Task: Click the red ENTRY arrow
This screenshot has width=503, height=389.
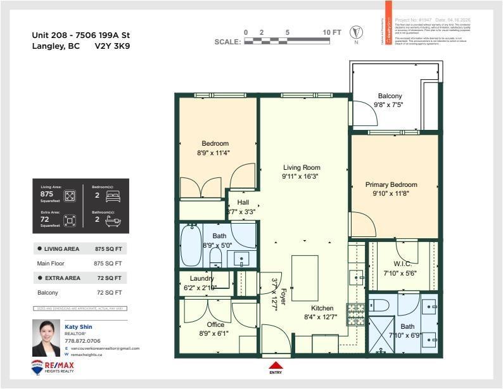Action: pyautogui.click(x=276, y=364)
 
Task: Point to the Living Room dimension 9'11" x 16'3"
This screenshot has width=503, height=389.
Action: pyautogui.click(x=300, y=177)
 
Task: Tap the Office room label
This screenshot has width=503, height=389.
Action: pyautogui.click(x=207, y=324)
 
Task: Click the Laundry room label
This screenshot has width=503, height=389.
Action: pyautogui.click(x=202, y=278)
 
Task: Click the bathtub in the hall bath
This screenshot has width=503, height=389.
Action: pyautogui.click(x=189, y=246)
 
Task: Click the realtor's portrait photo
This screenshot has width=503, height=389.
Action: pyautogui.click(x=46, y=339)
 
